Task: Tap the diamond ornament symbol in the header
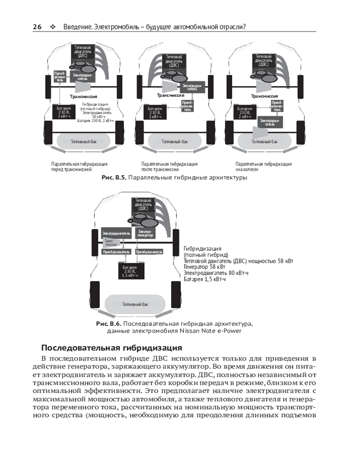click(x=53, y=27)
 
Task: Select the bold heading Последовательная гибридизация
click(x=112, y=348)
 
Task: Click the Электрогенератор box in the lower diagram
click(x=145, y=233)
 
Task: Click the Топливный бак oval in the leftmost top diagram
click(x=84, y=141)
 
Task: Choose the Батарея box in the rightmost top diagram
click(x=245, y=112)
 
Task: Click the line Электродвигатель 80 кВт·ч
click(x=216, y=273)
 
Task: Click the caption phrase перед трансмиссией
click(x=71, y=170)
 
